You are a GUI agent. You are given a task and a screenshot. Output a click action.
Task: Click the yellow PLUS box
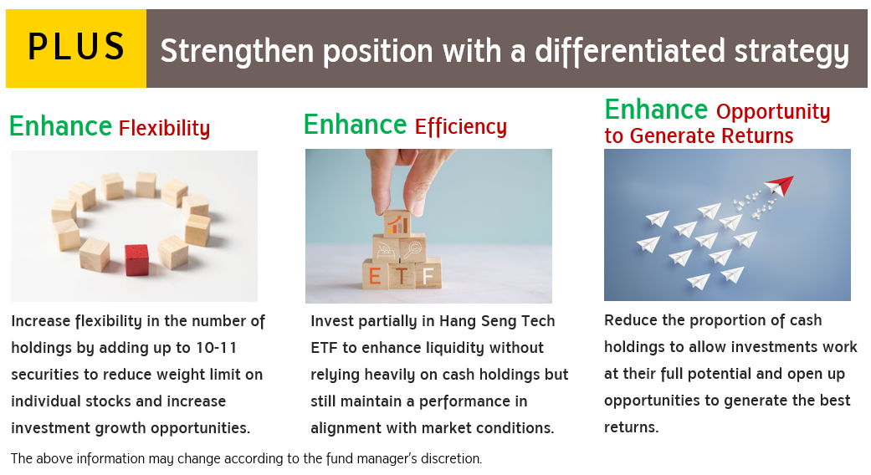(x=76, y=49)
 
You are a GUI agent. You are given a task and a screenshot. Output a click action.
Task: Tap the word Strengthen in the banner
(x=237, y=51)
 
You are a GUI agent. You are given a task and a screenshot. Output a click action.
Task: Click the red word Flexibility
(x=165, y=128)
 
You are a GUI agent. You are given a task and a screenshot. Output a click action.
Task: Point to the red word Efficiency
(x=461, y=126)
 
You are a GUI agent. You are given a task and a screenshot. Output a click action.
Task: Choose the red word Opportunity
(x=773, y=111)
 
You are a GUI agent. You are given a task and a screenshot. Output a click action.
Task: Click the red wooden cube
(x=136, y=260)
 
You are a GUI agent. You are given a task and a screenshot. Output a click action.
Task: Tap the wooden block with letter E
(x=375, y=274)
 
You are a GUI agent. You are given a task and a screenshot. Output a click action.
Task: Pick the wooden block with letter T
(x=402, y=274)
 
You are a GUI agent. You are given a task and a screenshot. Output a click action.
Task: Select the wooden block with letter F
(x=428, y=273)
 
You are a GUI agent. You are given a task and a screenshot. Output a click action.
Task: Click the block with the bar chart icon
(x=397, y=223)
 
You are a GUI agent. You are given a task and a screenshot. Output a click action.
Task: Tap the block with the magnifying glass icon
(x=412, y=248)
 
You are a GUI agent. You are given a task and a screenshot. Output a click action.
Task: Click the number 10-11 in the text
(x=216, y=348)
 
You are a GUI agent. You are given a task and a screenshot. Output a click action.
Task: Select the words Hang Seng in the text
(x=473, y=322)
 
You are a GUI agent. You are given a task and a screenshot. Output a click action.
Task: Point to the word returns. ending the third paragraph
(x=631, y=428)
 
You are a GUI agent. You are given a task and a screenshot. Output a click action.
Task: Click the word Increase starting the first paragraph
(x=40, y=321)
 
